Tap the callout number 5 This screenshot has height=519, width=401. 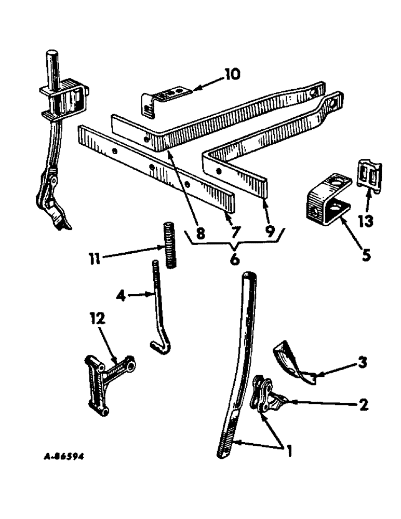pos(366,255)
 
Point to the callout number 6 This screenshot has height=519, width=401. pos(234,259)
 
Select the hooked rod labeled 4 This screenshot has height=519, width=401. pos(157,311)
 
